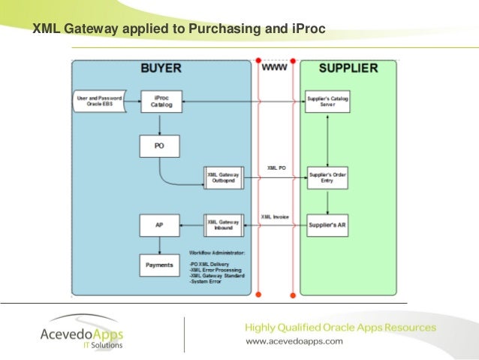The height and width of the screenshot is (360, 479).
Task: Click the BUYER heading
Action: (161, 68)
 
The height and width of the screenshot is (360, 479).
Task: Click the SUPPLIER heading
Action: (348, 68)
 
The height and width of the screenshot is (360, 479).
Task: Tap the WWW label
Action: (274, 68)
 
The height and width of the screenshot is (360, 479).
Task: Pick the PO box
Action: (159, 146)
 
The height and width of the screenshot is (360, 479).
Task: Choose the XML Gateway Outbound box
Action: (224, 177)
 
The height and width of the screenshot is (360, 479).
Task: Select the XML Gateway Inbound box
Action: (224, 225)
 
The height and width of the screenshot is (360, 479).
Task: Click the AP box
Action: (159, 225)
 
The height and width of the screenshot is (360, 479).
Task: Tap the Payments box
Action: (159, 265)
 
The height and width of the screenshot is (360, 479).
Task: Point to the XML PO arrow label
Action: (275, 168)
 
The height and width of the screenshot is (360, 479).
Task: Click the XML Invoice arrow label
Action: (276, 216)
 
